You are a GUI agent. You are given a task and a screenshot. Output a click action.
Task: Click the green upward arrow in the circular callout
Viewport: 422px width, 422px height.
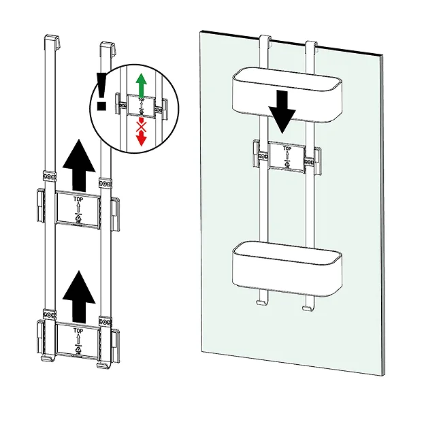tap(142, 85)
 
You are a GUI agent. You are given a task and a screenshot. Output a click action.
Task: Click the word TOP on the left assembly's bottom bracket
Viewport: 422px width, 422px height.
tap(78, 329)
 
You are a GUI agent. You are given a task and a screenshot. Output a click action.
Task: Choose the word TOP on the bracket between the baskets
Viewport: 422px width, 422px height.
tap(287, 148)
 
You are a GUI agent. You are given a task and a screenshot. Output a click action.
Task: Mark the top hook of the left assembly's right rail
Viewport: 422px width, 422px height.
tap(105, 47)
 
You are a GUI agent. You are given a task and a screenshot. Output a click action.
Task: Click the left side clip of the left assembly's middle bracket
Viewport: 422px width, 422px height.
tap(39, 205)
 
